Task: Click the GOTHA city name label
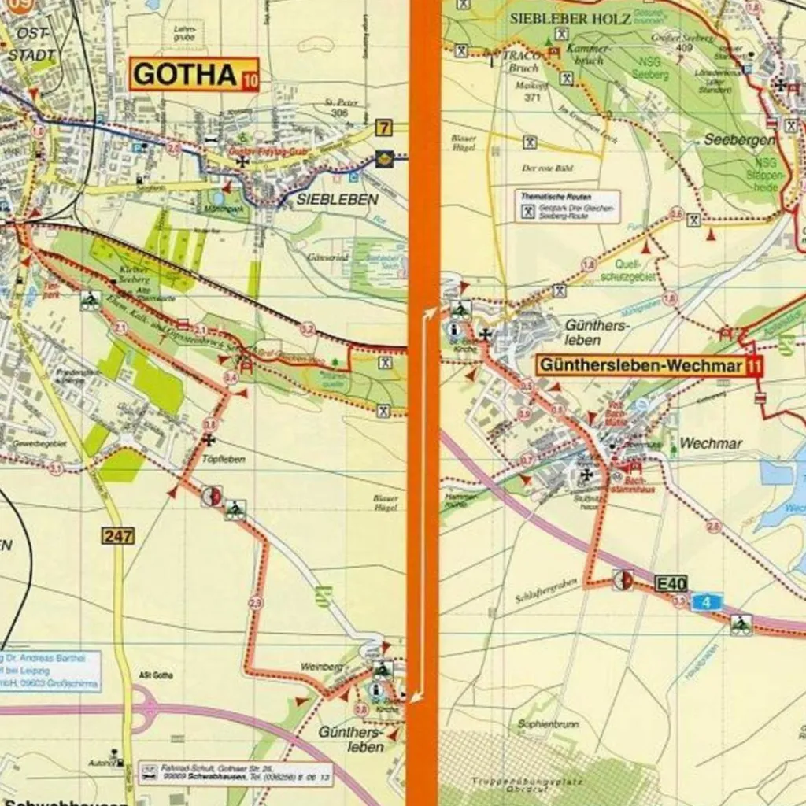[x=185, y=75]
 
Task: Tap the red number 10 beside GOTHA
[x=250, y=79]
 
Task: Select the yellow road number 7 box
[x=383, y=128]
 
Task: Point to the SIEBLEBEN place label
[x=337, y=200]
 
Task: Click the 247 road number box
[x=117, y=536]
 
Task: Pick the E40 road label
[x=671, y=583]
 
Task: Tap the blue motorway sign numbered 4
[x=707, y=603]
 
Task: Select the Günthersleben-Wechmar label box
[x=641, y=366]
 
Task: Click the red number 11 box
[x=756, y=366]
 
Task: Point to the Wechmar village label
[x=710, y=444]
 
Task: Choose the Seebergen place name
[x=740, y=139]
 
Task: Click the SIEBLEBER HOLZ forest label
[x=571, y=18]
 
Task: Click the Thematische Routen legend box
[x=568, y=205]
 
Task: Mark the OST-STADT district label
[x=31, y=44]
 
